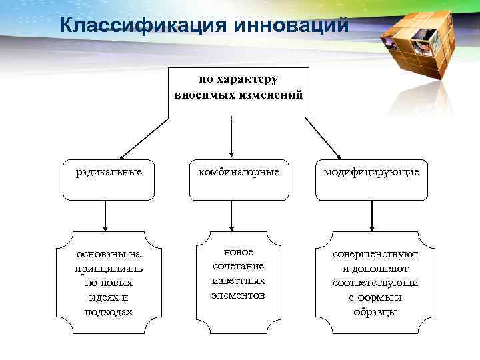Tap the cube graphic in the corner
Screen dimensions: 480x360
click(x=417, y=43)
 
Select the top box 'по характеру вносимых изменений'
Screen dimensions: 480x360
click(x=239, y=92)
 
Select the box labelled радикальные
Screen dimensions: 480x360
click(x=109, y=179)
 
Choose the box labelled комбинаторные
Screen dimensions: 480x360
click(x=239, y=179)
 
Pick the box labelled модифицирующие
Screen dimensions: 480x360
click(x=371, y=179)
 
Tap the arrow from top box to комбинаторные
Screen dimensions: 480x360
click(x=231, y=137)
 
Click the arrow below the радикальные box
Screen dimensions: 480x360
click(x=105, y=215)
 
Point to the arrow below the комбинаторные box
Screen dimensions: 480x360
click(x=231, y=215)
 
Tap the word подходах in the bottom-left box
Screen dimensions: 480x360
click(x=109, y=311)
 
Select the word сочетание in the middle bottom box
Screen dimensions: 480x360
click(x=238, y=266)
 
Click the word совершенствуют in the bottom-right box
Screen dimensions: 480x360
click(x=376, y=254)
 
